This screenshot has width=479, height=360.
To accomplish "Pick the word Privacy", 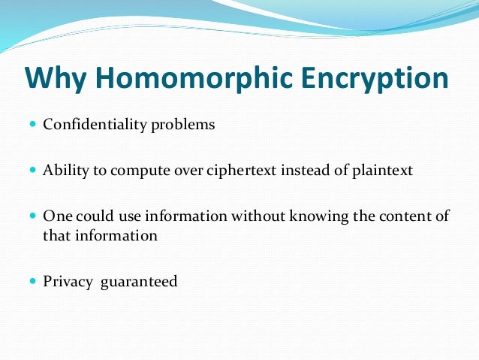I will click(67, 283).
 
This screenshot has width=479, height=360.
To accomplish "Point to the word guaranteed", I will click(139, 283).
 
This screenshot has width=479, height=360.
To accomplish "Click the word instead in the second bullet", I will click(304, 171).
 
